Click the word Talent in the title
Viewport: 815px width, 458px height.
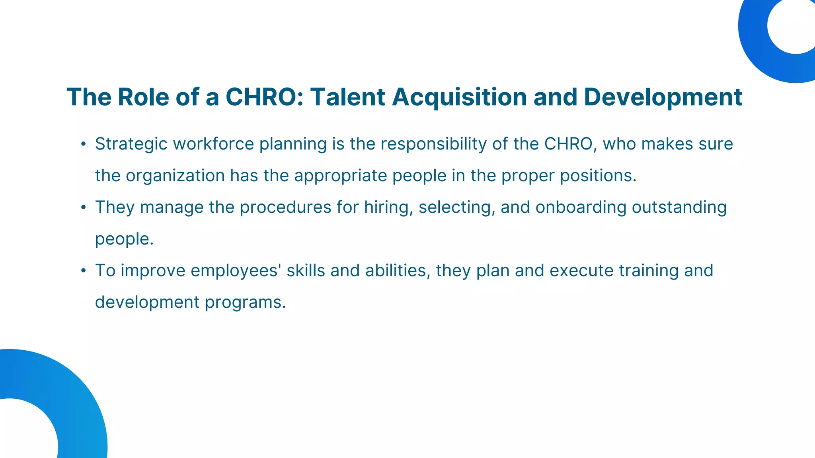[347, 97]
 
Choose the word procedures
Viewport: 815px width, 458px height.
[285, 208]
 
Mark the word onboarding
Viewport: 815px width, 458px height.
[581, 208]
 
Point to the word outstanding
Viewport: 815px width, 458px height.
[679, 208]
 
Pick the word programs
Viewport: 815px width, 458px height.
[246, 303]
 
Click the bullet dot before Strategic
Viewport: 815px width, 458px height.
[83, 144]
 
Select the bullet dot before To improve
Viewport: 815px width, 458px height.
[83, 271]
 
